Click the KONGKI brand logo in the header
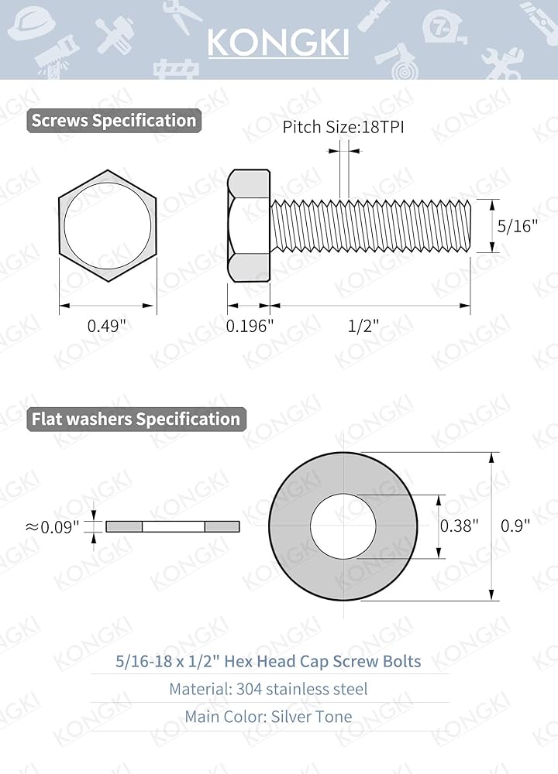pos(278,43)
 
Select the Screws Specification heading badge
pos(114,121)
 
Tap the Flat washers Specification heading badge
pos(136,419)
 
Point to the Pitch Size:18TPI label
pos(343,127)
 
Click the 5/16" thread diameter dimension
pos(517,226)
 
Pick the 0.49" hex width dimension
pos(107,326)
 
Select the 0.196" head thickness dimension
pos(249,326)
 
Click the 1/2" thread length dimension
pos(363,326)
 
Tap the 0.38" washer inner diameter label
pos(459,526)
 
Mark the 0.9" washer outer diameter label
pos(515,526)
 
